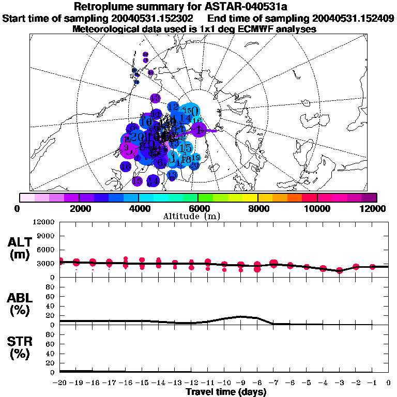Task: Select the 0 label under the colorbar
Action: coord(19,208)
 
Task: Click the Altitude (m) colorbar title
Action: coord(198,216)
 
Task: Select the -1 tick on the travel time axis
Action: coord(372,383)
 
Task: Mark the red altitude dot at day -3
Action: coord(339,270)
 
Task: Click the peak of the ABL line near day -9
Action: coord(241,316)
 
